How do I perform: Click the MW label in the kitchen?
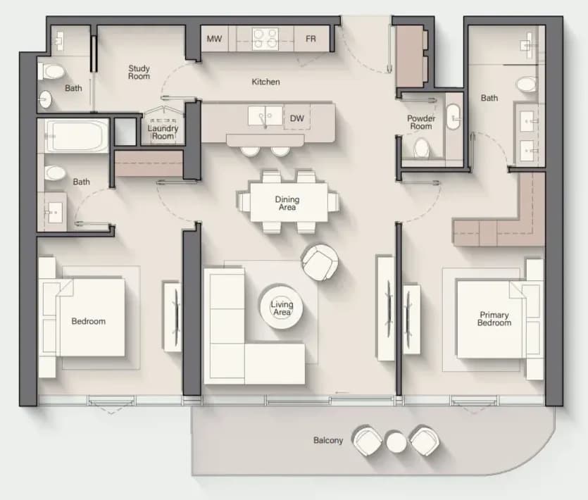coord(214,39)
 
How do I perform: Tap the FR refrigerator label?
coord(311,39)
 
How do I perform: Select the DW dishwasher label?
coord(296,118)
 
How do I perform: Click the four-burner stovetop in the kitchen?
coord(265,39)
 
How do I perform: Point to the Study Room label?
coord(139,72)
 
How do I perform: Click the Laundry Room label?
coord(163,132)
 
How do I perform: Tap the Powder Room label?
coord(421,123)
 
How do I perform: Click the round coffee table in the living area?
coord(282,306)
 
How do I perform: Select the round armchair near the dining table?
coord(320,262)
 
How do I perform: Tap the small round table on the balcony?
coord(396,442)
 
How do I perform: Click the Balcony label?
coord(328,440)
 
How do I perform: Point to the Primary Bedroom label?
coord(494,319)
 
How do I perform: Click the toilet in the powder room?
coord(422,148)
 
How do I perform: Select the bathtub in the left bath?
coord(77,136)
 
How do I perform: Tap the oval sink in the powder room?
coord(453,117)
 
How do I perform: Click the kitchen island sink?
coord(265,115)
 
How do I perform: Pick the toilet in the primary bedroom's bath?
coord(527,85)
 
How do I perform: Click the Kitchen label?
coord(265,82)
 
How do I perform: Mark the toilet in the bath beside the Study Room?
coord(51,71)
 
